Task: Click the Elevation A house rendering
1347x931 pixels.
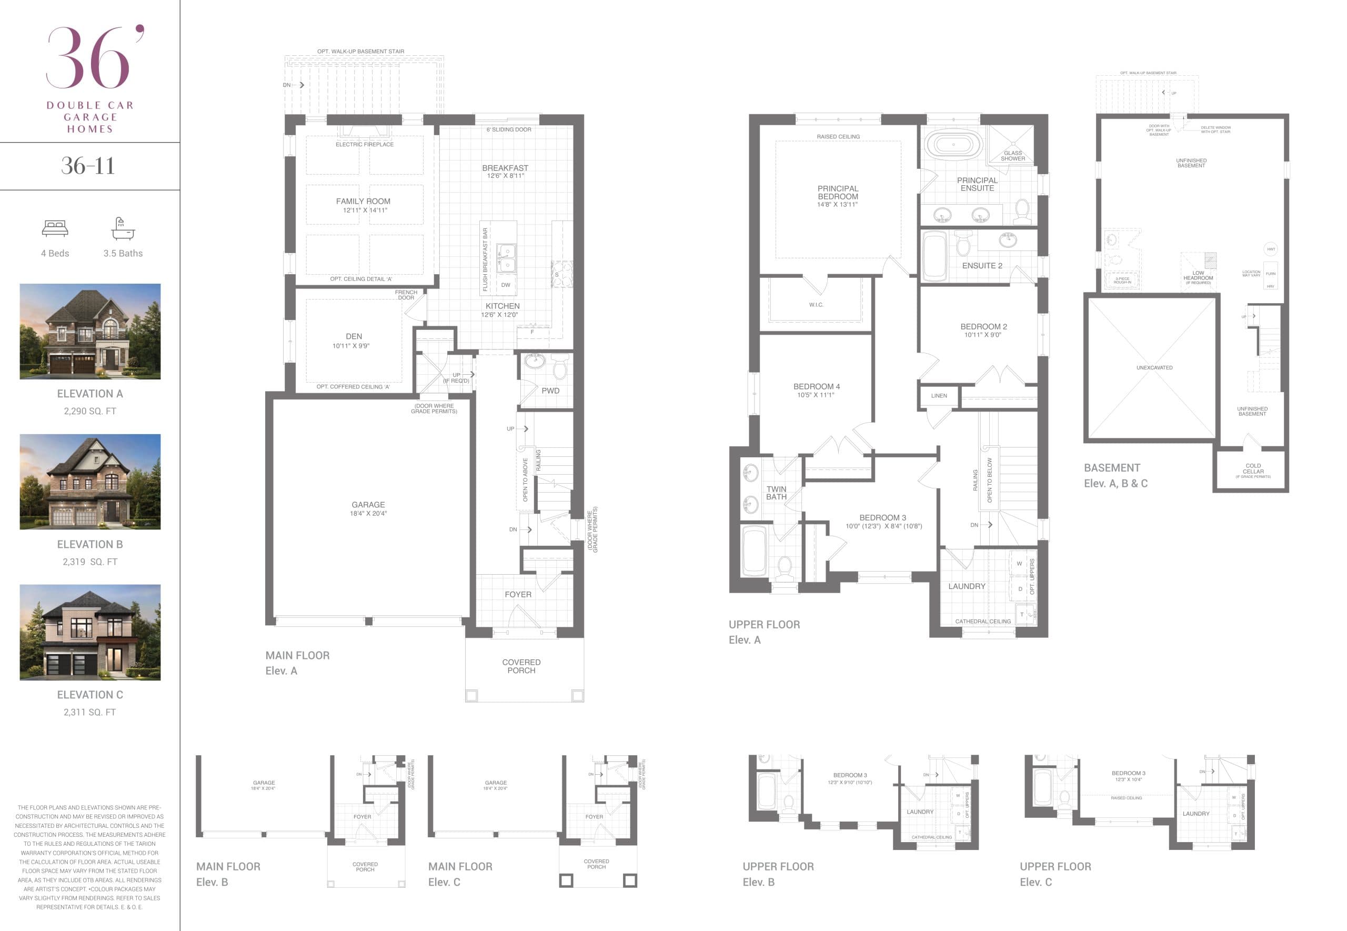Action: [90, 332]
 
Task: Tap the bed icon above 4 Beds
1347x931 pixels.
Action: [55, 228]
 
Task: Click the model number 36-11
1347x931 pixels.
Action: [88, 166]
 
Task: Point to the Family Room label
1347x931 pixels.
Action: [363, 201]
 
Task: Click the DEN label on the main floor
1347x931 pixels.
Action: [354, 337]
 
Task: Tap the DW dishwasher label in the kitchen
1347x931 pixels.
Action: [505, 285]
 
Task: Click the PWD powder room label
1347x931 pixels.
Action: [550, 391]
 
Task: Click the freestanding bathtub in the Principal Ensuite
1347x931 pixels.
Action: [953, 144]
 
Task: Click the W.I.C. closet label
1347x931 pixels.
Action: [816, 305]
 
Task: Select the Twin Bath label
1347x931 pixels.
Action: [776, 493]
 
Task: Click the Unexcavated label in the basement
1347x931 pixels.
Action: [1154, 368]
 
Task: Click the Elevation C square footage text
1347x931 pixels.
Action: [90, 712]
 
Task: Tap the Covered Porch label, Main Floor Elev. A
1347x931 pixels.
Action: [521, 666]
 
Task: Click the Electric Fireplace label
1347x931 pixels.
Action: [365, 145]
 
